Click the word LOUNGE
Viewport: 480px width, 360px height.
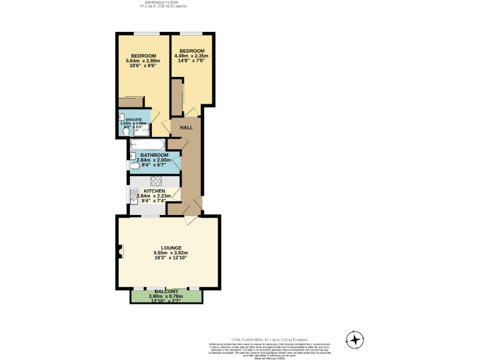point(171,247)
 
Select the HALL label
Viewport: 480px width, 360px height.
point(186,127)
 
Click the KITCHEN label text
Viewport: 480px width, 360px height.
point(154,191)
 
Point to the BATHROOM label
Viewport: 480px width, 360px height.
point(154,154)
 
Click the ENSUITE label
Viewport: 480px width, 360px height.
point(134,119)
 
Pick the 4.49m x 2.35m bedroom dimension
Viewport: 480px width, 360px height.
point(192,56)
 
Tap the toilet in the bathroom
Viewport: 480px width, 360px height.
point(134,166)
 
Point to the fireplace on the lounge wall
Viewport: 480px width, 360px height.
point(119,252)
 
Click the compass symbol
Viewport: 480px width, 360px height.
point(355,340)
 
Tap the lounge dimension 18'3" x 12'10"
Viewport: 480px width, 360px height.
point(171,257)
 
